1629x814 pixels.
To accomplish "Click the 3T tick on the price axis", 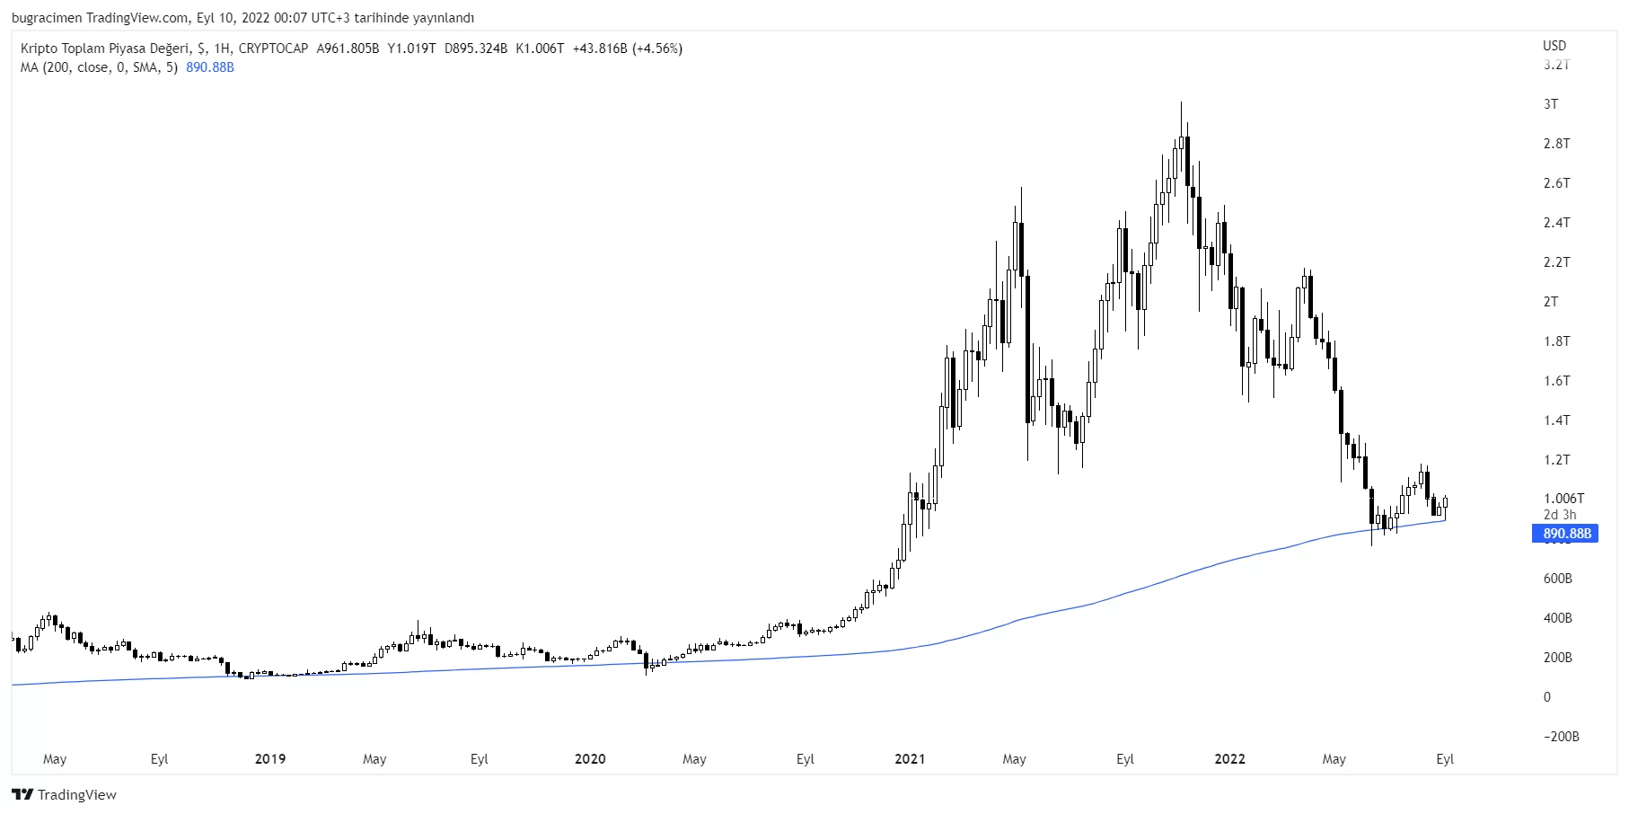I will pyautogui.click(x=1551, y=104).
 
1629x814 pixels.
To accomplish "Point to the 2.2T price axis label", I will pyautogui.click(x=1556, y=262).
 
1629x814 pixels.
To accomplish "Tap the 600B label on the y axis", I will pyautogui.click(x=1557, y=579).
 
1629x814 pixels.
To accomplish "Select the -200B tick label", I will pyautogui.click(x=1561, y=737).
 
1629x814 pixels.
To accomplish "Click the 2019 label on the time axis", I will pyautogui.click(x=270, y=759).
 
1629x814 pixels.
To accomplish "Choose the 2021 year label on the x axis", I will pyautogui.click(x=910, y=759).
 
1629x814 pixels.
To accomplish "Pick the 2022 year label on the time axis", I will pyautogui.click(x=1229, y=759).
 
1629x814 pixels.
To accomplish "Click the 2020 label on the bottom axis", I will pyautogui.click(x=590, y=759).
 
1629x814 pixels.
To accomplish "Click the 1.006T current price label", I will pyautogui.click(x=1563, y=499).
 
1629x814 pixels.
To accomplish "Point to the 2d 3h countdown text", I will pyautogui.click(x=1559, y=515).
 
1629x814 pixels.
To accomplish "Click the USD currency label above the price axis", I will pyautogui.click(x=1554, y=46).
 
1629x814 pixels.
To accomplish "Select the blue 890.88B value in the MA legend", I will pyautogui.click(x=210, y=67).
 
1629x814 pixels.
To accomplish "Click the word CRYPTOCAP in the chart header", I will pyautogui.click(x=273, y=49).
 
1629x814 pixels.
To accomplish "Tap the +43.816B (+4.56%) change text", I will pyautogui.click(x=627, y=49).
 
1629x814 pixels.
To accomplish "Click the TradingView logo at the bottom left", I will pyautogui.click(x=64, y=794).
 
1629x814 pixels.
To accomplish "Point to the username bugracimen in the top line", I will pyautogui.click(x=47, y=18).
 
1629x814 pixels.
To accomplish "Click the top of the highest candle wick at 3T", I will pyautogui.click(x=1181, y=102).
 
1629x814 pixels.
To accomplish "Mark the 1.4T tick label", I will pyautogui.click(x=1556, y=420).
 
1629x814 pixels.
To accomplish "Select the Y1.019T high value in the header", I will pyautogui.click(x=411, y=49).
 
